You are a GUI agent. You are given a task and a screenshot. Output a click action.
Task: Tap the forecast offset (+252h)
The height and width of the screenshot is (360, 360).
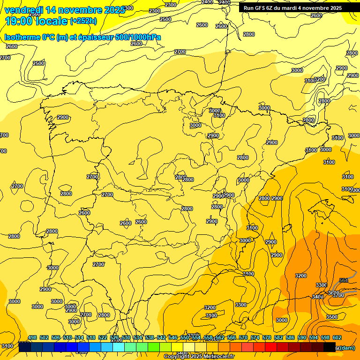[x=83, y=21]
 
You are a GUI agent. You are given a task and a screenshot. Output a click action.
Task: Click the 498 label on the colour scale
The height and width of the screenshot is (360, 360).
[x=32, y=337]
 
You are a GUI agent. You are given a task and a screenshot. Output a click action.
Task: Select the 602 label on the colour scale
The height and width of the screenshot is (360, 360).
[x=337, y=337]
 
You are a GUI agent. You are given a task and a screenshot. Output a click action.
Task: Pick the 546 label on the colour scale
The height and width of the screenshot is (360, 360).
[x=173, y=337]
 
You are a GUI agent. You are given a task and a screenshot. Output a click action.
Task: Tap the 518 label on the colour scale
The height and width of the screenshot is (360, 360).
[x=91, y=337]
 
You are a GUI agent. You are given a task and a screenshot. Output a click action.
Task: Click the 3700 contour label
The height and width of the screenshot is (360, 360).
[x=338, y=295]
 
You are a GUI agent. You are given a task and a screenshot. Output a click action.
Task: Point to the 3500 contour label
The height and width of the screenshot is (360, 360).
[x=331, y=317]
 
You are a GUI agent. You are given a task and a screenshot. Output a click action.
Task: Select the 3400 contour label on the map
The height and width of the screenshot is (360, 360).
[x=317, y=296]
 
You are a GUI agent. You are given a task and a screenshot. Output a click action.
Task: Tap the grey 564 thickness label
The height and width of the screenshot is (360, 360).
[x=344, y=281]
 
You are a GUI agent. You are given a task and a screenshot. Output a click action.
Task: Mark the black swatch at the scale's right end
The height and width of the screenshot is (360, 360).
[x=330, y=347]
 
